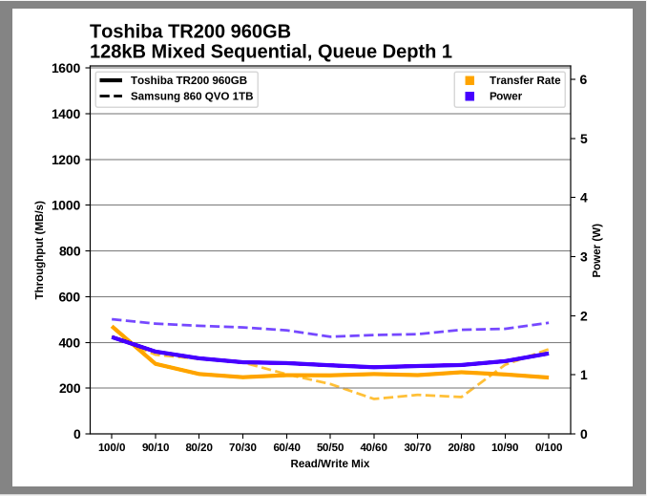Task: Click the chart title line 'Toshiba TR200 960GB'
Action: [190, 32]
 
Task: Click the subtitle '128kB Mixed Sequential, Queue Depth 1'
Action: [270, 52]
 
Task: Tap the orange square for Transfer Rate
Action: [470, 80]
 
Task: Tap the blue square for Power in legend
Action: [470, 97]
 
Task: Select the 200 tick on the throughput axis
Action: [69, 388]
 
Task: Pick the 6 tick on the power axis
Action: [583, 80]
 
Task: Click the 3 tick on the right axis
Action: [583, 257]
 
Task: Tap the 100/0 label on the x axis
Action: [112, 447]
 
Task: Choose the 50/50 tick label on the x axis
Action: [330, 447]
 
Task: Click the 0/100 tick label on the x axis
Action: [548, 447]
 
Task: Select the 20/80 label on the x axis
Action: [461, 447]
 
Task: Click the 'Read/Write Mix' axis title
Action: [330, 464]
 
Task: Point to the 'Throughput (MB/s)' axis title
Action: [39, 250]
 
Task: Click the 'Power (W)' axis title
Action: [597, 250]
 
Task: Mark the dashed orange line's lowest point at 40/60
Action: [374, 399]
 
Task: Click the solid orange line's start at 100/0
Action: [113, 327]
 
